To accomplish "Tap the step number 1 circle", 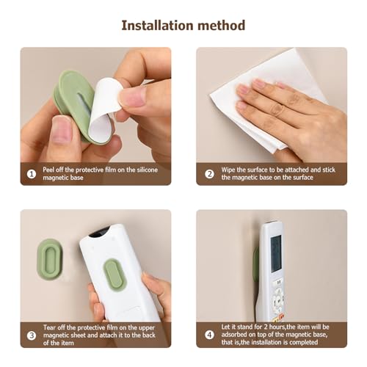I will tap(32, 174).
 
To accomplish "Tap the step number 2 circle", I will tap(208, 174).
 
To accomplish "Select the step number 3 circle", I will tap(32, 336).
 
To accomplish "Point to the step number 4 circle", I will tap(208, 336).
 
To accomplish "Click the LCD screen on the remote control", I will tap(276, 254).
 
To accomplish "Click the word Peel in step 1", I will tap(50, 170).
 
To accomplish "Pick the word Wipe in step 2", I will tap(228, 170).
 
